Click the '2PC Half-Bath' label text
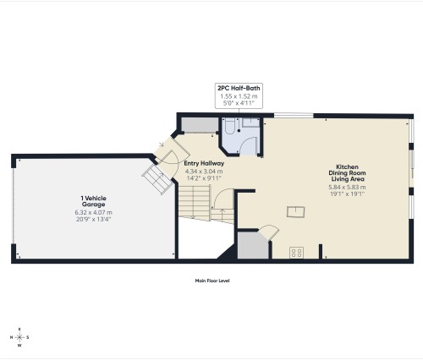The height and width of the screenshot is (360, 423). [x=238, y=87]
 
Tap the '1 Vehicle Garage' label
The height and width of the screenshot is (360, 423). [x=93, y=201]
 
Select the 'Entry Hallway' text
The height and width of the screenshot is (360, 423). [x=203, y=163]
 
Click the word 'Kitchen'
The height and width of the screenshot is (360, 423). [x=348, y=166]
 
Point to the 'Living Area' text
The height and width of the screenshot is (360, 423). [x=348, y=180]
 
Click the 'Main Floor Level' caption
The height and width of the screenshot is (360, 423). [x=212, y=281]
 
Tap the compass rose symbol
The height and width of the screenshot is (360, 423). [x=20, y=335]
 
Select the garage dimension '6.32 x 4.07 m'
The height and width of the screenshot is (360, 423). [x=93, y=212]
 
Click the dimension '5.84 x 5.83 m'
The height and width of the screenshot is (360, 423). [x=348, y=187]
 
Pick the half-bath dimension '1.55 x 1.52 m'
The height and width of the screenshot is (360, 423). [x=238, y=95]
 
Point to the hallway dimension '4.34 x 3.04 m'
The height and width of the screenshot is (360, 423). [x=203, y=172]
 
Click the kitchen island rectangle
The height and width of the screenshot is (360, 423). [x=294, y=211]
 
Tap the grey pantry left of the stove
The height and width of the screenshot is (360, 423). [x=252, y=245]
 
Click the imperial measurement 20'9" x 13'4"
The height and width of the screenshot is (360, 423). [x=93, y=220]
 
